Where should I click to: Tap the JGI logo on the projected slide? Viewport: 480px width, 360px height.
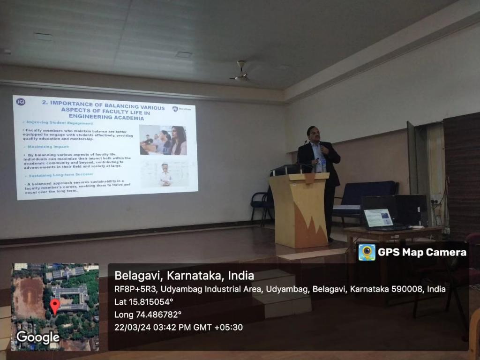21,102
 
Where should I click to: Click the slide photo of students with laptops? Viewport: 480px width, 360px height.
163,140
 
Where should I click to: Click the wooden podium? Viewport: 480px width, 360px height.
299,209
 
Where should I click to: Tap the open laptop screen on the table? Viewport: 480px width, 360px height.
378,218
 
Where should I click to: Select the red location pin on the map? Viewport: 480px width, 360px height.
55,306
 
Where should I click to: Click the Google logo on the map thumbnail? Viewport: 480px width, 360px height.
37,337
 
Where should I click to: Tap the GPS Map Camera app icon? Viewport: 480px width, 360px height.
367,252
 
